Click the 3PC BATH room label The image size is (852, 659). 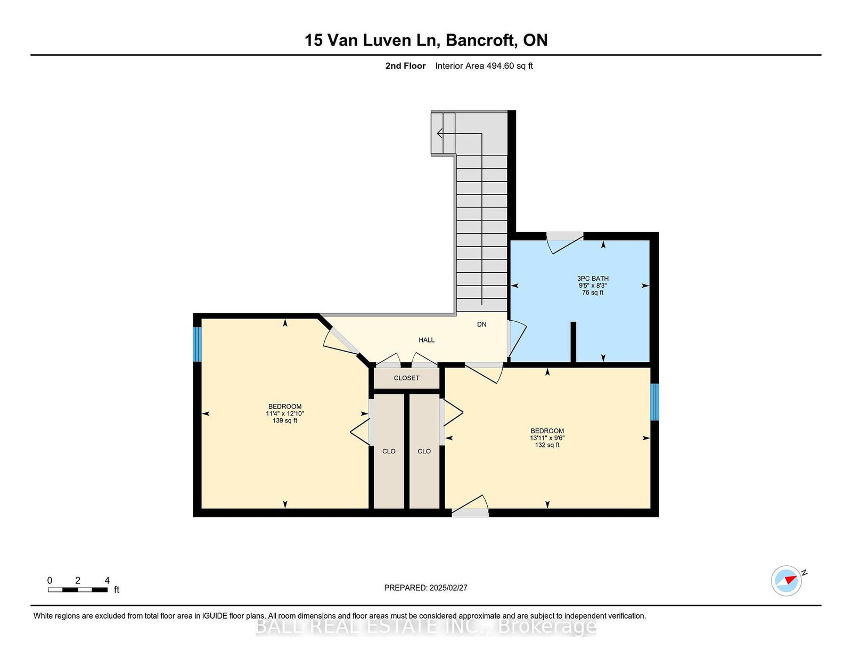[593, 279]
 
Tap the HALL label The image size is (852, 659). [426, 340]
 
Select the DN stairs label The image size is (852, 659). [481, 324]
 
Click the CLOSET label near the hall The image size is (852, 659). [407, 378]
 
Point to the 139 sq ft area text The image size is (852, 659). [285, 420]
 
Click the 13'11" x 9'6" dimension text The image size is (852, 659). [547, 438]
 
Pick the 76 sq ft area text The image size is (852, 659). [593, 292]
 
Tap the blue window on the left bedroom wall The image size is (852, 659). [197, 344]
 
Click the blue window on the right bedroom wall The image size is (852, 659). [654, 402]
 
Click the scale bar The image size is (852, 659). [78, 590]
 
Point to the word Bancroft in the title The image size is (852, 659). [480, 40]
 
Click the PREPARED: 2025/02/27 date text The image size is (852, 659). [426, 588]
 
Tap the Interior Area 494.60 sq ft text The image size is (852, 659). [484, 66]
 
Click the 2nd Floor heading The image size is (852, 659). [405, 66]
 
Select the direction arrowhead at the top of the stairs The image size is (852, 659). [440, 133]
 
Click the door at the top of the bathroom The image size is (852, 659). [565, 243]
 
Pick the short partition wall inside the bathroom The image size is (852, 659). [573, 342]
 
